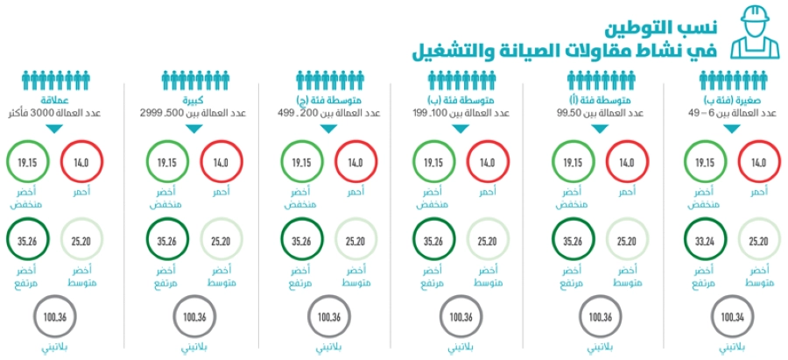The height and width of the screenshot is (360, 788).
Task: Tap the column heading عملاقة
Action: [x=55, y=100]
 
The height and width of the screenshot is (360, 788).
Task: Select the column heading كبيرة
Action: [x=188, y=100]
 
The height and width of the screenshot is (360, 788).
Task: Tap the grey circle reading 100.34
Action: [x=734, y=315]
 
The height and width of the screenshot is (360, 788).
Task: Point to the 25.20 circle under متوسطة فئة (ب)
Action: [x=488, y=241]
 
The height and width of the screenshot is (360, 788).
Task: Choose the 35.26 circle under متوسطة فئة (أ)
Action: [x=573, y=241]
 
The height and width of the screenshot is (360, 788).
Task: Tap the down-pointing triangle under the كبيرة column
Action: [x=188, y=130]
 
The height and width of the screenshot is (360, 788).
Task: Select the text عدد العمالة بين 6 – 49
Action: [x=735, y=114]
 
